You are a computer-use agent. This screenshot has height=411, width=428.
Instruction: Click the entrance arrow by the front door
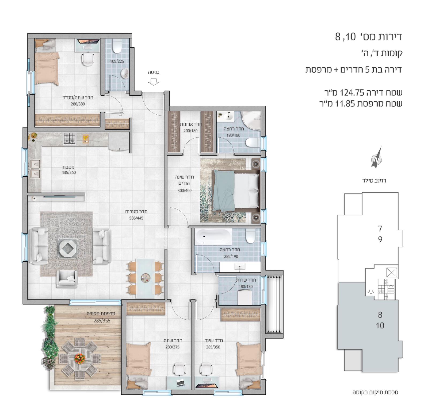pos(154,82)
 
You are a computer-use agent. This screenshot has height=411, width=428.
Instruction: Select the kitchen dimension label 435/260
pos(69,173)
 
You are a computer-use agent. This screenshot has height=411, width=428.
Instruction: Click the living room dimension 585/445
pos(136,218)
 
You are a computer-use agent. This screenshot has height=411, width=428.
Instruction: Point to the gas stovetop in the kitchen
pos(70,138)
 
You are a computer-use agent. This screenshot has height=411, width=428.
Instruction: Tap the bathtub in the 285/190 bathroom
pos(213,236)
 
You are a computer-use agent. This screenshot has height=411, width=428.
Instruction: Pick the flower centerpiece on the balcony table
pos(80,358)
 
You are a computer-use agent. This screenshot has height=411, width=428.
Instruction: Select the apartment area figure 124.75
pos(352,93)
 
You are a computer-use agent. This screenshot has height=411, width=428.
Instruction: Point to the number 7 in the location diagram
pos(380,229)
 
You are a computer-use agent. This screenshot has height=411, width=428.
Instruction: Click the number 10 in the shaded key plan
pos(380,325)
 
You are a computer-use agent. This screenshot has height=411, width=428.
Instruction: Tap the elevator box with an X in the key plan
pos(392,273)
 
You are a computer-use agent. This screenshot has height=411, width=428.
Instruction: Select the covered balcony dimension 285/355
pos(102,321)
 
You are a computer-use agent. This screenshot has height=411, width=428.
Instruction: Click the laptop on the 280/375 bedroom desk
pos(180,383)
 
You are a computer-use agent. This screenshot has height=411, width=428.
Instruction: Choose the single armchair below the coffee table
pos(67,279)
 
